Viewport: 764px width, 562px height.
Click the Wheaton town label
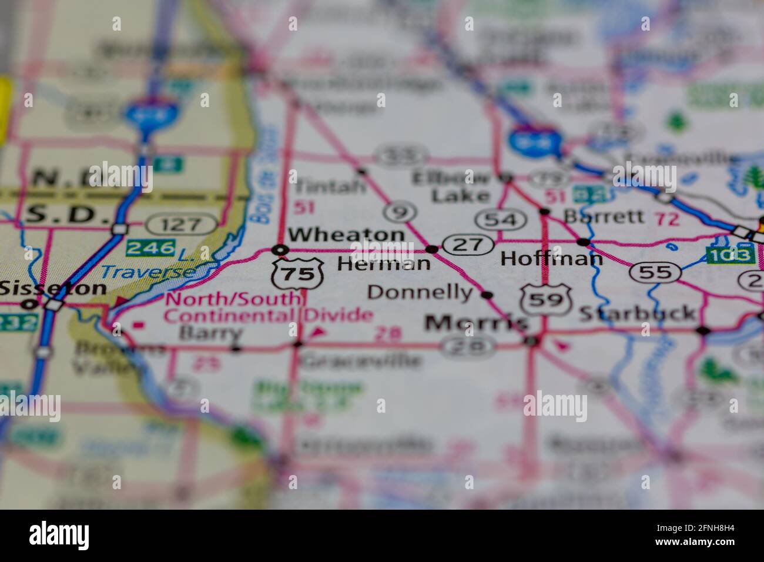coord(347,235)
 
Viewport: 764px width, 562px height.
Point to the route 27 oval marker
coord(468,244)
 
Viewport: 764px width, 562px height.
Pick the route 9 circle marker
coord(400,212)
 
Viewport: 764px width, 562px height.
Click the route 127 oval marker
coord(181,224)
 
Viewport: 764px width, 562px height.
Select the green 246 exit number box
coord(151,247)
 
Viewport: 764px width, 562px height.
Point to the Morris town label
coord(476,323)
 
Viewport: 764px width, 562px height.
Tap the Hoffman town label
coord(551,259)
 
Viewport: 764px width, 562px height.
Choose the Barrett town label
coord(603,216)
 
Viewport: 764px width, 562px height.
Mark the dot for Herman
coord(433,249)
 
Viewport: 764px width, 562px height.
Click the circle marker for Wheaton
coord(282,250)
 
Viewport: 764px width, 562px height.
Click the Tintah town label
coord(330,187)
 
